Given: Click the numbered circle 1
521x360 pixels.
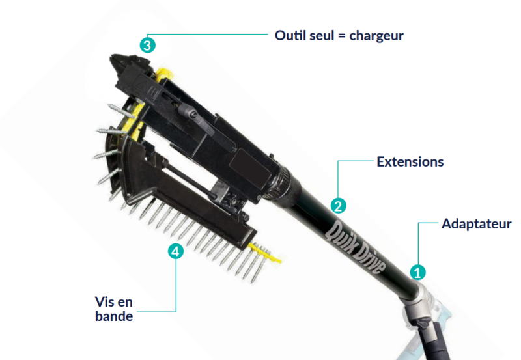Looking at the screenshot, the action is (x=417, y=272).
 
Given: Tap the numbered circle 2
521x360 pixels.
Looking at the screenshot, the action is (x=338, y=206).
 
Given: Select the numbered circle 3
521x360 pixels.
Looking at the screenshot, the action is (x=148, y=45).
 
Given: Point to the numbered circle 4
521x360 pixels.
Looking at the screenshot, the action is (x=175, y=251).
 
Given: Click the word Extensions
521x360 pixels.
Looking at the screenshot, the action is (x=410, y=162).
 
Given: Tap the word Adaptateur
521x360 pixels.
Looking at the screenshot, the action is (x=476, y=224).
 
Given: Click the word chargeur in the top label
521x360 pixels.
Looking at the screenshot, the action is (x=376, y=36).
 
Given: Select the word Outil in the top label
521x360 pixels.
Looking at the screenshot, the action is (x=289, y=35).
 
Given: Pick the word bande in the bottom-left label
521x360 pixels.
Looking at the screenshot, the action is (x=114, y=316).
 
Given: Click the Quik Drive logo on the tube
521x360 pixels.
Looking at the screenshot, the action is (x=354, y=247).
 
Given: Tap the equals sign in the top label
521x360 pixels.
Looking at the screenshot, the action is (x=341, y=36).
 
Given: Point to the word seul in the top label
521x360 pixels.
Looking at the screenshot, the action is (x=320, y=35).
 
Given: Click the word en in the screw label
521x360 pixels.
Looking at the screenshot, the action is (x=125, y=303).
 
